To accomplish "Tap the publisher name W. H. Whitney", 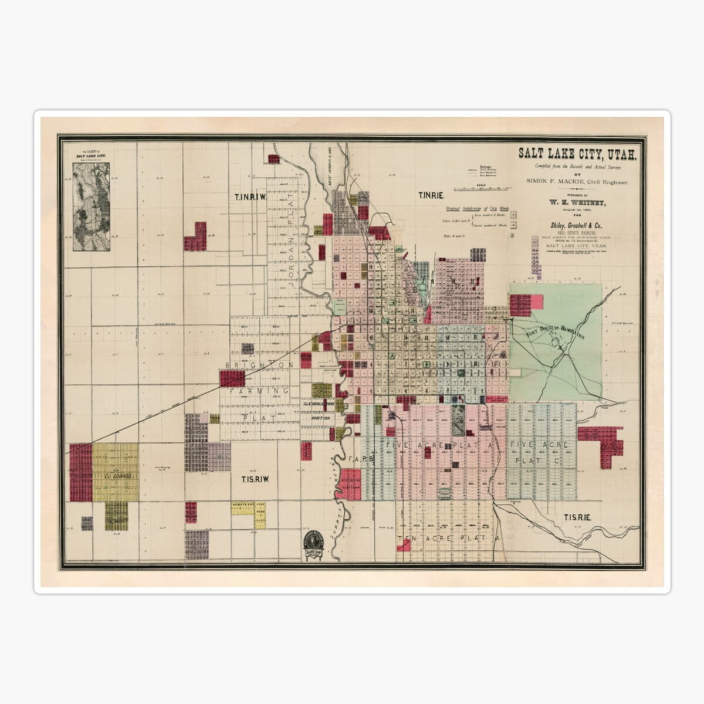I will point(577,203).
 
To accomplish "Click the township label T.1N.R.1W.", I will point(250,197).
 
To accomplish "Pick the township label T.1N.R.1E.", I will point(430,195).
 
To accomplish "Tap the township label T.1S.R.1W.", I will point(255,479).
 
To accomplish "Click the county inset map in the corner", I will point(91,206).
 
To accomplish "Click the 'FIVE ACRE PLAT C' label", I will point(539,452).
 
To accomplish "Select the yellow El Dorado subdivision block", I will point(116,472).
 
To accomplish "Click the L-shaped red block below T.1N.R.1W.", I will point(196,237).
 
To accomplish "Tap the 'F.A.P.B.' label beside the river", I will point(361,459).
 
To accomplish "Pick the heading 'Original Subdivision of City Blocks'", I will point(476,208).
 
